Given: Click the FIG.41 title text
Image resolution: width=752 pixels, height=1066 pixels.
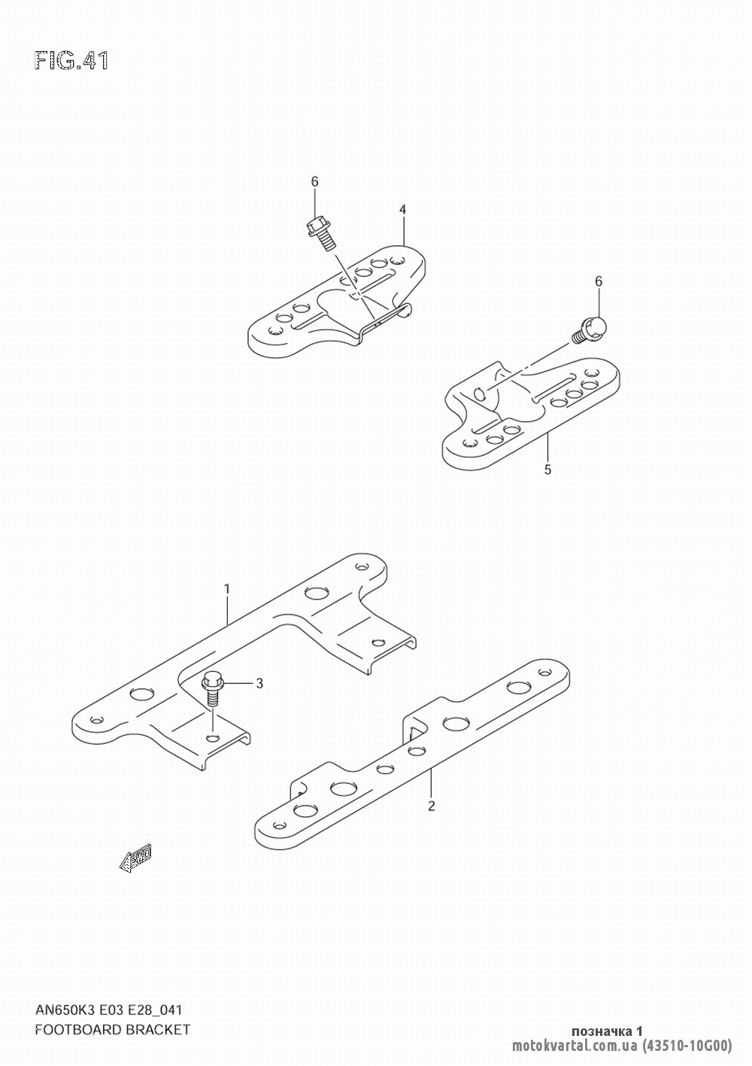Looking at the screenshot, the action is coord(72,61).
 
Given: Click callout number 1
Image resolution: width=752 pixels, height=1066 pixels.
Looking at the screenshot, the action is coord(227,589).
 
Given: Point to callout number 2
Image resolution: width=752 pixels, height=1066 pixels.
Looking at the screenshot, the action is coord(432,806).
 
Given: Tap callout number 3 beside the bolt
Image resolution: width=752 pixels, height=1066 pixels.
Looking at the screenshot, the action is coord(259,684).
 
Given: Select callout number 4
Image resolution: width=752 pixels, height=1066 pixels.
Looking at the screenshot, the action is coord(402,209).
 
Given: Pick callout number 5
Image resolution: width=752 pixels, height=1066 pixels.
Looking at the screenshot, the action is coord(548,469).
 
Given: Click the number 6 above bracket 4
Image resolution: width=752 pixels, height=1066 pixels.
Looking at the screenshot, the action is coord(314,181).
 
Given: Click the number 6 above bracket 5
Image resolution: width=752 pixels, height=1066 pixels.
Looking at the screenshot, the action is coord(599,281).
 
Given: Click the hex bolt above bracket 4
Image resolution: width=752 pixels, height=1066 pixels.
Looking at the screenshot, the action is coord(322,233).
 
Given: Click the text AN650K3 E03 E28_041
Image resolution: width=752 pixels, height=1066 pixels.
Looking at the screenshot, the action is coord(108,1010).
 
